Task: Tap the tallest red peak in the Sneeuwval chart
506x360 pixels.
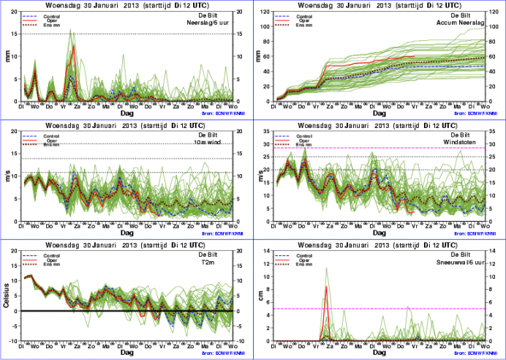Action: point(325,287)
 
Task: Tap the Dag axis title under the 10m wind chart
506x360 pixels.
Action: point(127,233)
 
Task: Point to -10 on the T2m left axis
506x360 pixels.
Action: point(15,340)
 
